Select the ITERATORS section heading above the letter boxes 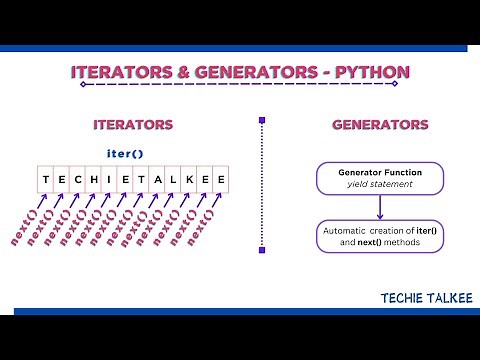coord(132,125)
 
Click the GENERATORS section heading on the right coord(380,125)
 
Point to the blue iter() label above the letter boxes coord(126,153)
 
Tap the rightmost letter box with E coord(220,180)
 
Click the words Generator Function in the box coord(380,172)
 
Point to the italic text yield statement coord(380,185)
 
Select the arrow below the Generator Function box coord(381,207)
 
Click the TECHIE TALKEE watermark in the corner coord(419,297)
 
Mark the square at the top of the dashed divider coord(262,123)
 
